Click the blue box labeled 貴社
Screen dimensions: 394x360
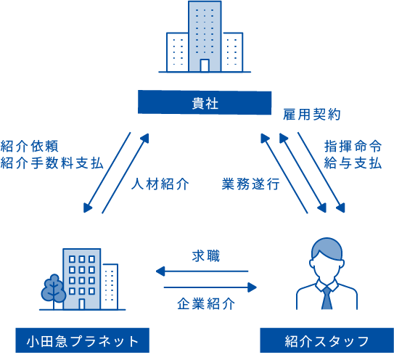(205, 102)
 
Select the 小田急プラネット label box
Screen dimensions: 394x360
(83, 340)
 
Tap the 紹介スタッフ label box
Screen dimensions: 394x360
(327, 340)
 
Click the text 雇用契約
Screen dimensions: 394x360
(312, 115)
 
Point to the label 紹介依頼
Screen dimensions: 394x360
(30, 147)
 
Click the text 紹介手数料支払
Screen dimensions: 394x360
(52, 163)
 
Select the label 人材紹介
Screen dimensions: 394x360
(160, 184)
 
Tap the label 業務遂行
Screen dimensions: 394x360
(250, 184)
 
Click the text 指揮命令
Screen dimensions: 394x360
(353, 147)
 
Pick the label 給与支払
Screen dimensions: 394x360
(353, 163)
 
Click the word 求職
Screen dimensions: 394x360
(206, 256)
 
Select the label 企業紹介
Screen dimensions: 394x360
(206, 303)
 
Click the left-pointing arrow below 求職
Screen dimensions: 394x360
(202, 271)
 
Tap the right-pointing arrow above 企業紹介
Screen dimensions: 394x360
(210, 287)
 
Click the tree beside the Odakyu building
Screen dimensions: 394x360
(54, 290)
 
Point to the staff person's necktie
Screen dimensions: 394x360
(327, 298)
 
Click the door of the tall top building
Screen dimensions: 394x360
(205, 65)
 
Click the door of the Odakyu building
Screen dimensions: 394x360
(82, 304)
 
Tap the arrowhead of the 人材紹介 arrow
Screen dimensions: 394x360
(145, 138)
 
